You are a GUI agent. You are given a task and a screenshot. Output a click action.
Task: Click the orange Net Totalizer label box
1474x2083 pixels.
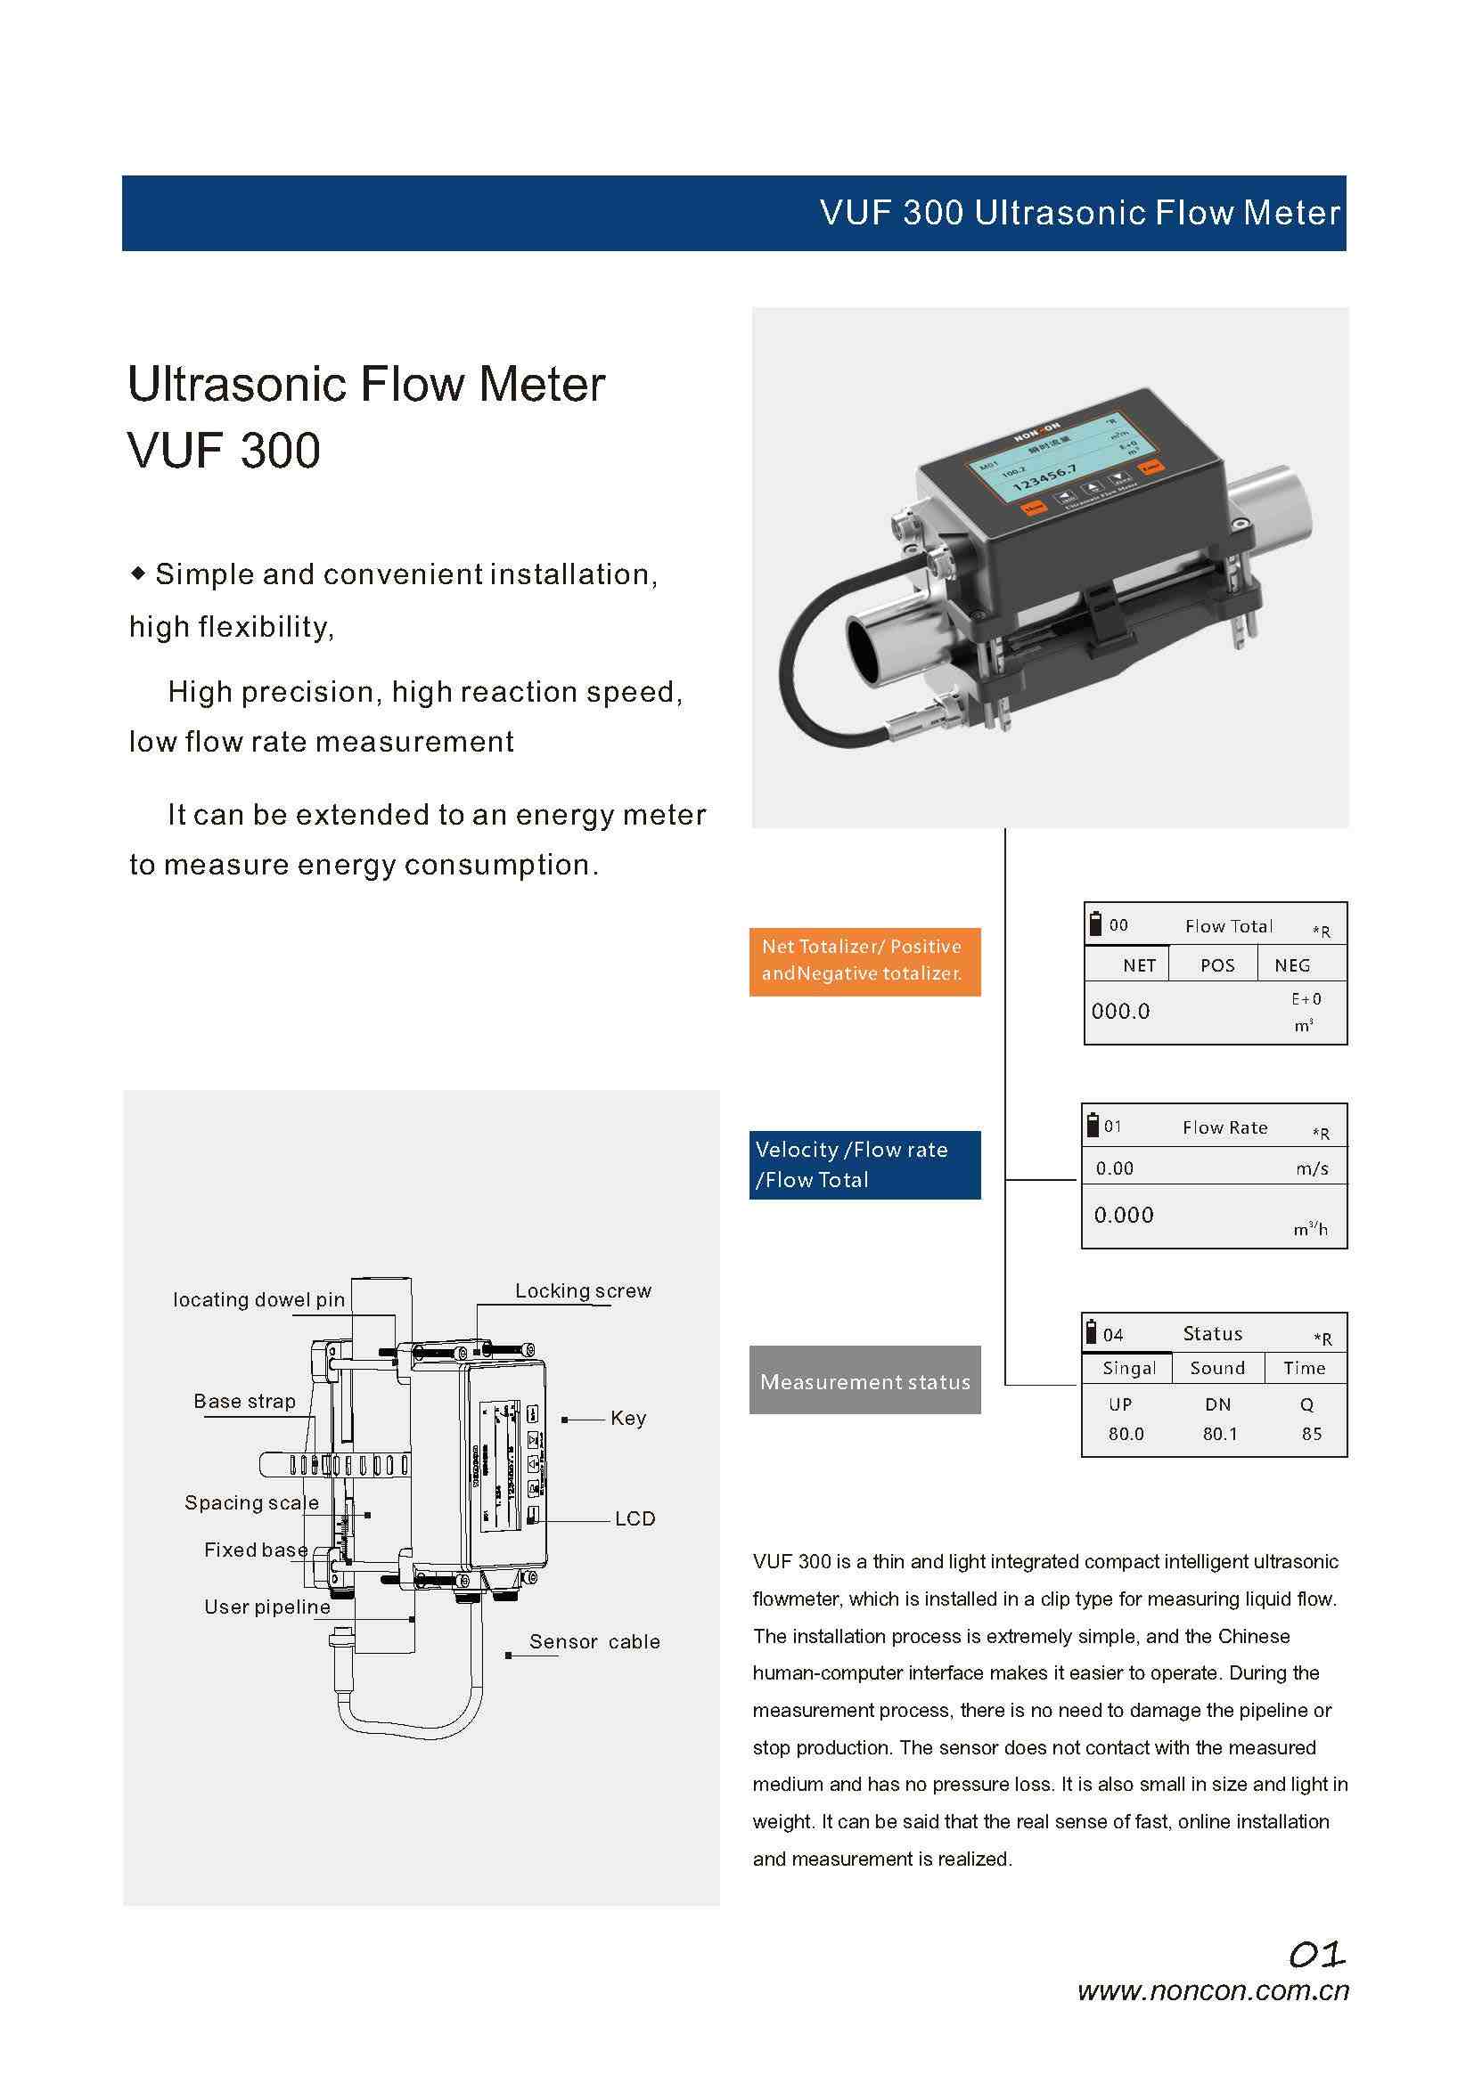click(x=864, y=961)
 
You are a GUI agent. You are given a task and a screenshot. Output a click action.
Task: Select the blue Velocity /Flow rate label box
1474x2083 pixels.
click(x=864, y=1164)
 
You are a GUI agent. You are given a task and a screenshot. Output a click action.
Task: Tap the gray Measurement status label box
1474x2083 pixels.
click(x=864, y=1381)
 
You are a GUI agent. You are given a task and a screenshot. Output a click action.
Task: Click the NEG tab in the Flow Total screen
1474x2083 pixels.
click(x=1291, y=965)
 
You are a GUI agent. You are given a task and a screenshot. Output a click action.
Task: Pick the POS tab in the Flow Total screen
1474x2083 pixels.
click(x=1217, y=965)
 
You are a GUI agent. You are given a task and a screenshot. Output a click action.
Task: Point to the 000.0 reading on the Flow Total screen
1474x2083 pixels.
click(x=1120, y=1011)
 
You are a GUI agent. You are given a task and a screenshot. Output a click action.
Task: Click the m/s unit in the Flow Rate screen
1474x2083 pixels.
click(x=1312, y=1168)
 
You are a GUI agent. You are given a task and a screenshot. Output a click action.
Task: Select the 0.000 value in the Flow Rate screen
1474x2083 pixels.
click(x=1124, y=1215)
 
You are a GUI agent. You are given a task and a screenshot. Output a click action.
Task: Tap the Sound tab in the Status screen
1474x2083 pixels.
click(x=1217, y=1367)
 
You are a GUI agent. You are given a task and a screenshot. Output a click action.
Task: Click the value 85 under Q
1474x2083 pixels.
click(x=1312, y=1434)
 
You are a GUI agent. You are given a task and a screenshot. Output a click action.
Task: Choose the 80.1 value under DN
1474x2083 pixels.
click(x=1219, y=1434)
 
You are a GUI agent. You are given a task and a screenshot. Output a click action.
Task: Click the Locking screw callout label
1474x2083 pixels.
click(x=583, y=1290)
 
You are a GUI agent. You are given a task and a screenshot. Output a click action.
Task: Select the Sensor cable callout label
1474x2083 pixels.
click(x=594, y=1641)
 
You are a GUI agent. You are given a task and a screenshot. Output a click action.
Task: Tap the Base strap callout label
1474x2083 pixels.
click(x=244, y=1401)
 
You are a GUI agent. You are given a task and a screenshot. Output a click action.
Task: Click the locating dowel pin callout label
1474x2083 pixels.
click(x=258, y=1299)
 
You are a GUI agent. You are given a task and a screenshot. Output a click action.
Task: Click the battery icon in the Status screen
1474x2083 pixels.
click(x=1092, y=1331)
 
